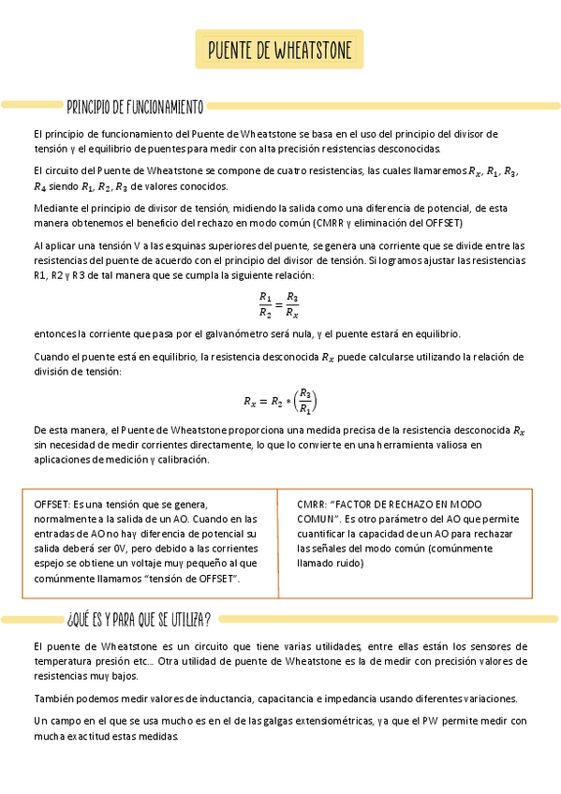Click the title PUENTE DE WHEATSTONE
280,50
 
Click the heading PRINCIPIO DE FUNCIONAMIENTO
135,106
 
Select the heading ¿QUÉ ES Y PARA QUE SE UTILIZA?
139,618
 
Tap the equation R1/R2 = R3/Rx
280,304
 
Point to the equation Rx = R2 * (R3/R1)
280,402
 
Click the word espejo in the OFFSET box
50,564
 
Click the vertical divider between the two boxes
278,543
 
